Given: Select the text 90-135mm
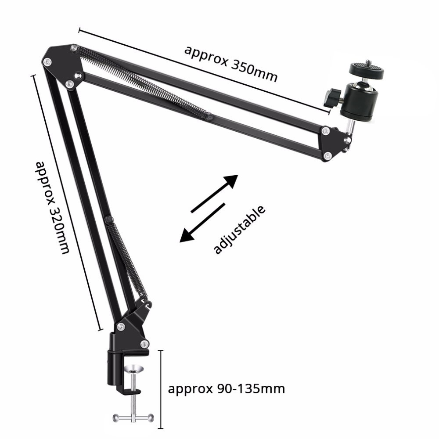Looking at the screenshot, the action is (x=251, y=389).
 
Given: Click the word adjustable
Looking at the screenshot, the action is (x=239, y=230).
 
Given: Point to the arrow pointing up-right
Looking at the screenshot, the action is (x=215, y=194).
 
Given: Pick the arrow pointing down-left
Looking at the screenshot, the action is (x=202, y=223).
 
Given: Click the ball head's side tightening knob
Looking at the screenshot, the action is (x=332, y=97).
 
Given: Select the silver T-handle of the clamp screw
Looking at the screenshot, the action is (x=133, y=418).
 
